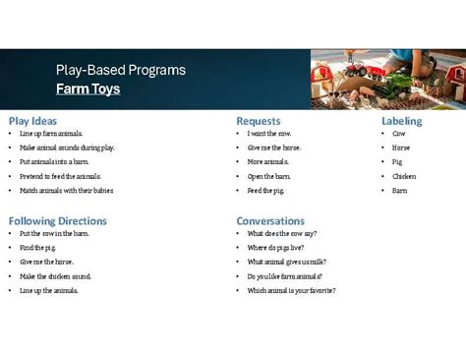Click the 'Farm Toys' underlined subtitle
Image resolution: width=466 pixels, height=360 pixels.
[88, 90]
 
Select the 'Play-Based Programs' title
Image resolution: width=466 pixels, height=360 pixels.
[120, 71]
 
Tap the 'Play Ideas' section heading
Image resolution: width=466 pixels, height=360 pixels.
[33, 121]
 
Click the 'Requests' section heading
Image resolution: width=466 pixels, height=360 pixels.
[259, 121]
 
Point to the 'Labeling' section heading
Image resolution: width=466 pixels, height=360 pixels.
[401, 121]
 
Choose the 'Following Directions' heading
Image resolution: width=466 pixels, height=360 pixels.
[58, 221]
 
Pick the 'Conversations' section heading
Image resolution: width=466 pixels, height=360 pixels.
[270, 221]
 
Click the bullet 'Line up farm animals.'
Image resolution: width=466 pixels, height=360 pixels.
[51, 134]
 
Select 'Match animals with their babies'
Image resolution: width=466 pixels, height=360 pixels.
[66, 191]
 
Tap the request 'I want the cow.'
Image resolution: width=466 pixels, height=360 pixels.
[269, 134]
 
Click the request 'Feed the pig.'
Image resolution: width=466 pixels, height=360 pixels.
[266, 191]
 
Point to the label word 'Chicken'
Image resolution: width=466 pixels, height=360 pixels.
[404, 176]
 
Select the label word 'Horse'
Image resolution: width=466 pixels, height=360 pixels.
[401, 148]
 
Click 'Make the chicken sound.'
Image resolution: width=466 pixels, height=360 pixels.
[55, 276]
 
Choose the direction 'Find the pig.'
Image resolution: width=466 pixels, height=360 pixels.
[38, 248]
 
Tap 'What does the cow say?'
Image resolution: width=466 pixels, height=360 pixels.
[282, 234]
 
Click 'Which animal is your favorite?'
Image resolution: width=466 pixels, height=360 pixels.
[291, 290]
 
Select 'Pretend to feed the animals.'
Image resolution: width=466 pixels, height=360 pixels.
[60, 176]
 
